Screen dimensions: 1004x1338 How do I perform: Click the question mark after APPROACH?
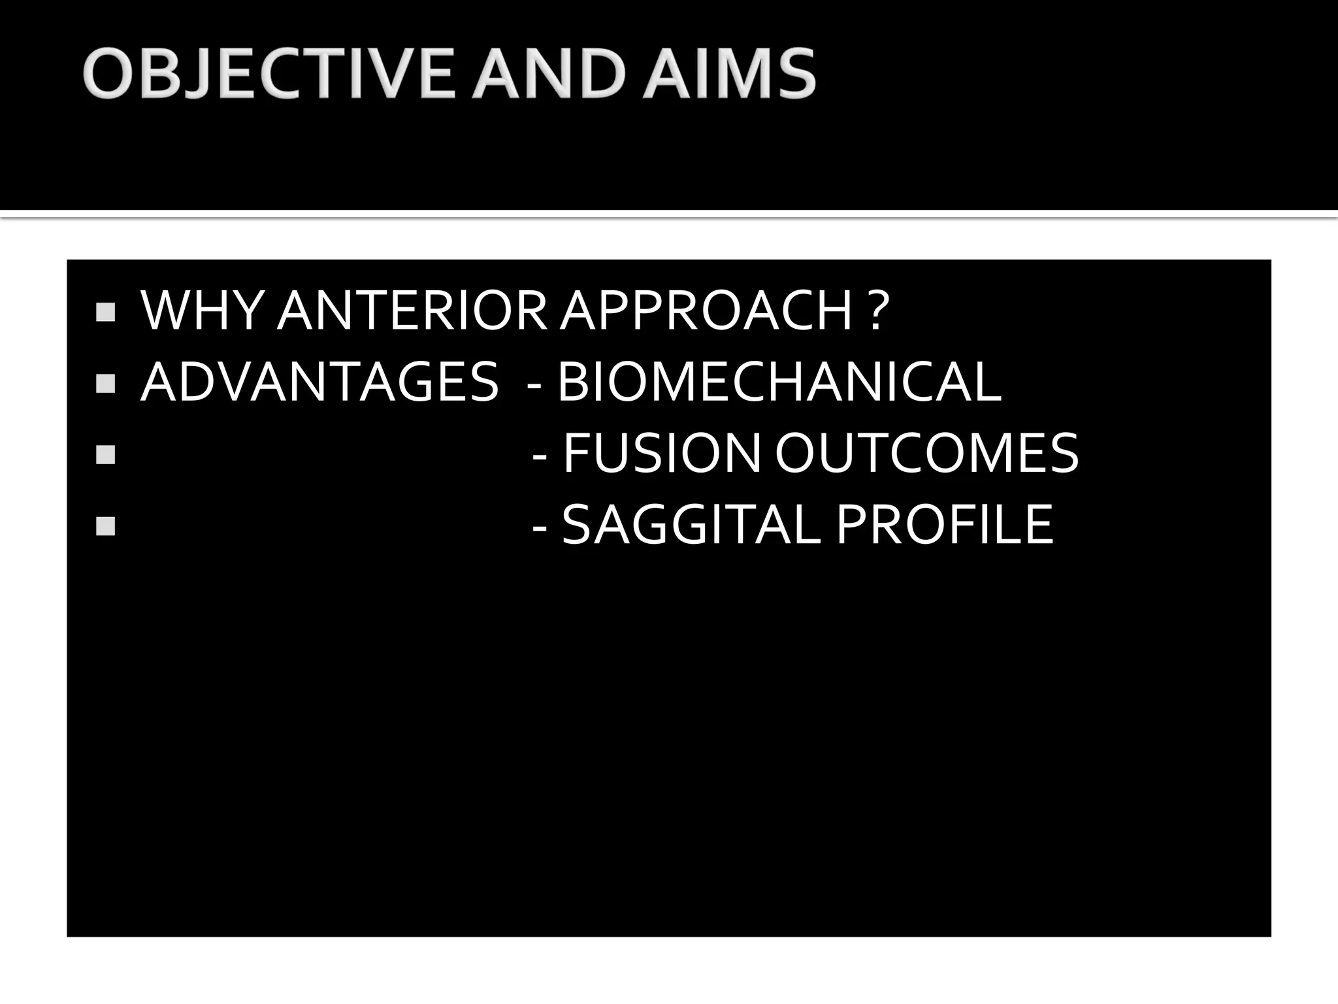tap(879, 310)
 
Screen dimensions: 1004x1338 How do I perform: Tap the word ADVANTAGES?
tap(319, 382)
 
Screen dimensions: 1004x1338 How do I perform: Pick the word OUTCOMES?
tap(926, 453)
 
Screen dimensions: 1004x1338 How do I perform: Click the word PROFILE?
tap(945, 524)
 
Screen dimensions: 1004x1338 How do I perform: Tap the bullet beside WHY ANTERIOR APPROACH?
tap(105, 312)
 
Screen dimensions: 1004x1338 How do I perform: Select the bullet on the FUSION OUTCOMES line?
tap(105, 454)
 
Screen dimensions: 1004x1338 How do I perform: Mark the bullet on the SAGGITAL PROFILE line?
tap(105, 526)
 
